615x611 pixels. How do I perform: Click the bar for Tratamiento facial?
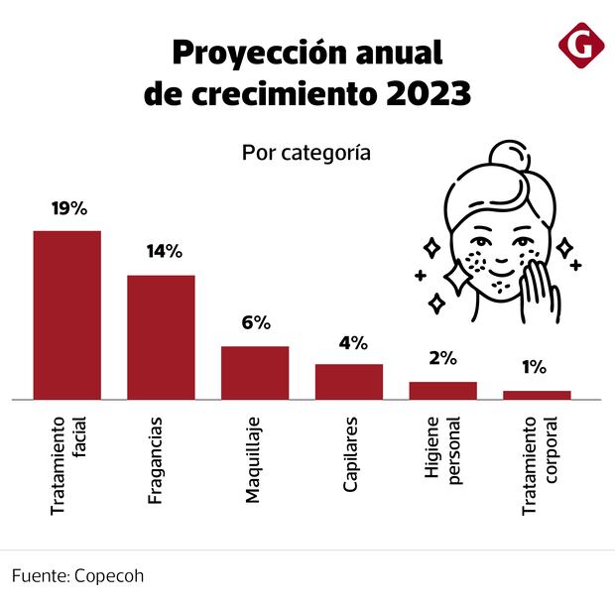pyautogui.click(x=67, y=314)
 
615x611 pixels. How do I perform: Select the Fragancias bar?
pyautogui.click(x=161, y=337)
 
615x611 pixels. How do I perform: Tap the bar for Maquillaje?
pyautogui.click(x=255, y=373)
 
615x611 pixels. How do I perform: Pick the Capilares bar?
pyautogui.click(x=349, y=382)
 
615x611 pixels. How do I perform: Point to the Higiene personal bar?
pyautogui.click(x=442, y=391)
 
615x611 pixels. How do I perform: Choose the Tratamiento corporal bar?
pyautogui.click(x=537, y=395)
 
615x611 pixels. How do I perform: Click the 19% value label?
pyautogui.click(x=69, y=208)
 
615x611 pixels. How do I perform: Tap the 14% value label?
pyautogui.click(x=163, y=252)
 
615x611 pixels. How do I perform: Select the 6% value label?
pyautogui.click(x=256, y=323)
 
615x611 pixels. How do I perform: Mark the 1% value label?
pyautogui.click(x=534, y=367)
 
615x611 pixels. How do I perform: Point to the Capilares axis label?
pyautogui.click(x=350, y=457)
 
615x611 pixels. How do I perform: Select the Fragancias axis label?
pyautogui.click(x=156, y=461)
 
